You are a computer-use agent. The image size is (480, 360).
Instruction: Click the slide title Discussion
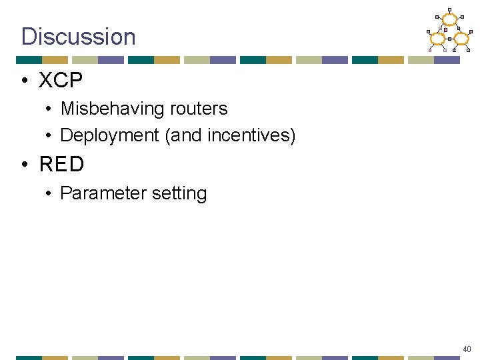point(78,36)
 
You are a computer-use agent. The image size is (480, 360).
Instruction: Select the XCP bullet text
point(61,81)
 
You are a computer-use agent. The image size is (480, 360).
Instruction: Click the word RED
point(62,164)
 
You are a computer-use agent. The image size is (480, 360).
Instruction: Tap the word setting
point(179,194)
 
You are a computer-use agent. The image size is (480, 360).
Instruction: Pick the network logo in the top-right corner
point(449,31)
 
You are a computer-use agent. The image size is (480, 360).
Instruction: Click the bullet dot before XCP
point(24,81)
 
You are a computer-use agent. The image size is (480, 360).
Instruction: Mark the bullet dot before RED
point(24,165)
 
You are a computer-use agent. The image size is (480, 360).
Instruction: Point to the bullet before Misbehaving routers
point(49,109)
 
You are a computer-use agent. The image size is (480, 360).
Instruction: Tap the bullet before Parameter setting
point(49,194)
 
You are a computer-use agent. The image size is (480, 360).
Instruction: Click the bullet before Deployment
point(49,136)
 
